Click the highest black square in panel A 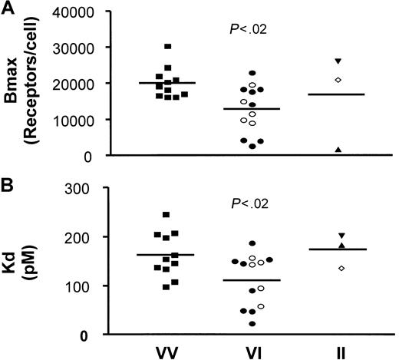[167, 47]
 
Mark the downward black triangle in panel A [338, 61]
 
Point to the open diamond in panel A [338, 80]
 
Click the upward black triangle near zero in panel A [338, 149]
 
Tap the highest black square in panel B [167, 215]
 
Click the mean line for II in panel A [338, 94]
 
